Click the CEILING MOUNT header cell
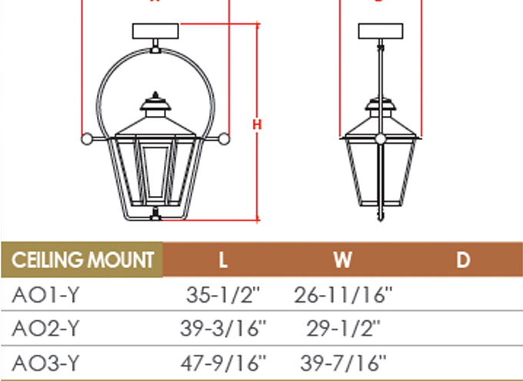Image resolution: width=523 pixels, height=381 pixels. pos(82,260)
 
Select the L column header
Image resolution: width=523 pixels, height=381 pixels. pos(223,260)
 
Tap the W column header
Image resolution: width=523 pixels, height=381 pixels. pos(342,260)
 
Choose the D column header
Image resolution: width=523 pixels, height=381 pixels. pos(463,260)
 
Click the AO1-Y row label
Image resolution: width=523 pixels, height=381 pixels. pos(45,295)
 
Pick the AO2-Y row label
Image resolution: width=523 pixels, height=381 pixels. pos(45,328)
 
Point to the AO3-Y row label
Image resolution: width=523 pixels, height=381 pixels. pos(45,363)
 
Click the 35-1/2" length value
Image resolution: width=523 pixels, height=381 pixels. pos(223,295)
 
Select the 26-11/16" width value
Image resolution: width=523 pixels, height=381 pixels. pos(343,295)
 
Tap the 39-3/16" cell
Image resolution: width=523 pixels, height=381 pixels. pos(224,328)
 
